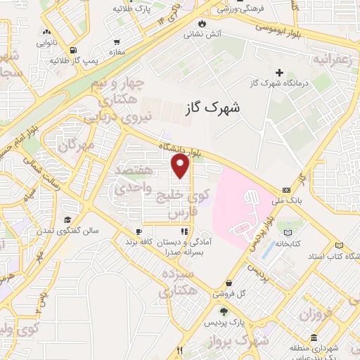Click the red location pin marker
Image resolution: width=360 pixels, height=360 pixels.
181,167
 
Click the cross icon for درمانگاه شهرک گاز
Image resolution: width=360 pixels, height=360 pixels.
280,72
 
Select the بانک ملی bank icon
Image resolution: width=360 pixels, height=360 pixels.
285,190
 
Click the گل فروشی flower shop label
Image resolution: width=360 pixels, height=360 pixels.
250,293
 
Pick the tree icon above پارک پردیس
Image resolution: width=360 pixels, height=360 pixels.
224,311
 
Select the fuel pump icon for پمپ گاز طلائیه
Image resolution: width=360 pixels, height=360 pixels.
74,50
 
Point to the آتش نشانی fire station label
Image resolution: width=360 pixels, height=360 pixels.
202,34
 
